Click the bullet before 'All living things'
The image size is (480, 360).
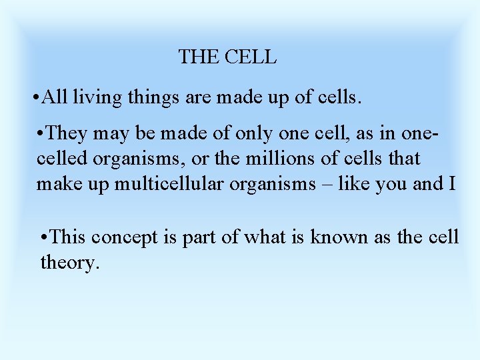(35, 98)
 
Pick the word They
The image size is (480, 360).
(67, 133)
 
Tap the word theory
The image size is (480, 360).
(69, 263)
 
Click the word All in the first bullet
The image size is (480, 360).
(54, 98)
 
